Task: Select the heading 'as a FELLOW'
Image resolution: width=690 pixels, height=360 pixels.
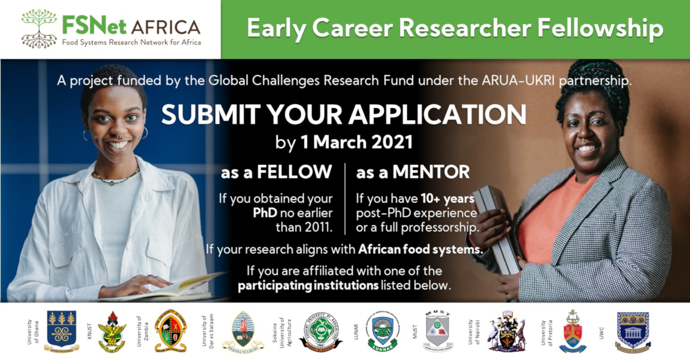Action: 277,171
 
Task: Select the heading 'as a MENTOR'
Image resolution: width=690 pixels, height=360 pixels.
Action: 412,171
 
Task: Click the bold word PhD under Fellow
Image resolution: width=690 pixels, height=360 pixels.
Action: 266,213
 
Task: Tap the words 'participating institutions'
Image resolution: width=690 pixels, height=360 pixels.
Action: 308,285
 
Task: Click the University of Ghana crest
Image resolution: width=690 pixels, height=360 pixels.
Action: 62,331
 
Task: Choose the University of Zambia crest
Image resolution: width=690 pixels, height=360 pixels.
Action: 170,331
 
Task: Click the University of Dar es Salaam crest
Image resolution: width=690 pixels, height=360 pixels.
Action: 243,332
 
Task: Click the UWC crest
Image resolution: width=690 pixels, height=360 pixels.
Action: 632,332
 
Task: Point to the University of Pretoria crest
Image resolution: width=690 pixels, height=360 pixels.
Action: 573,332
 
